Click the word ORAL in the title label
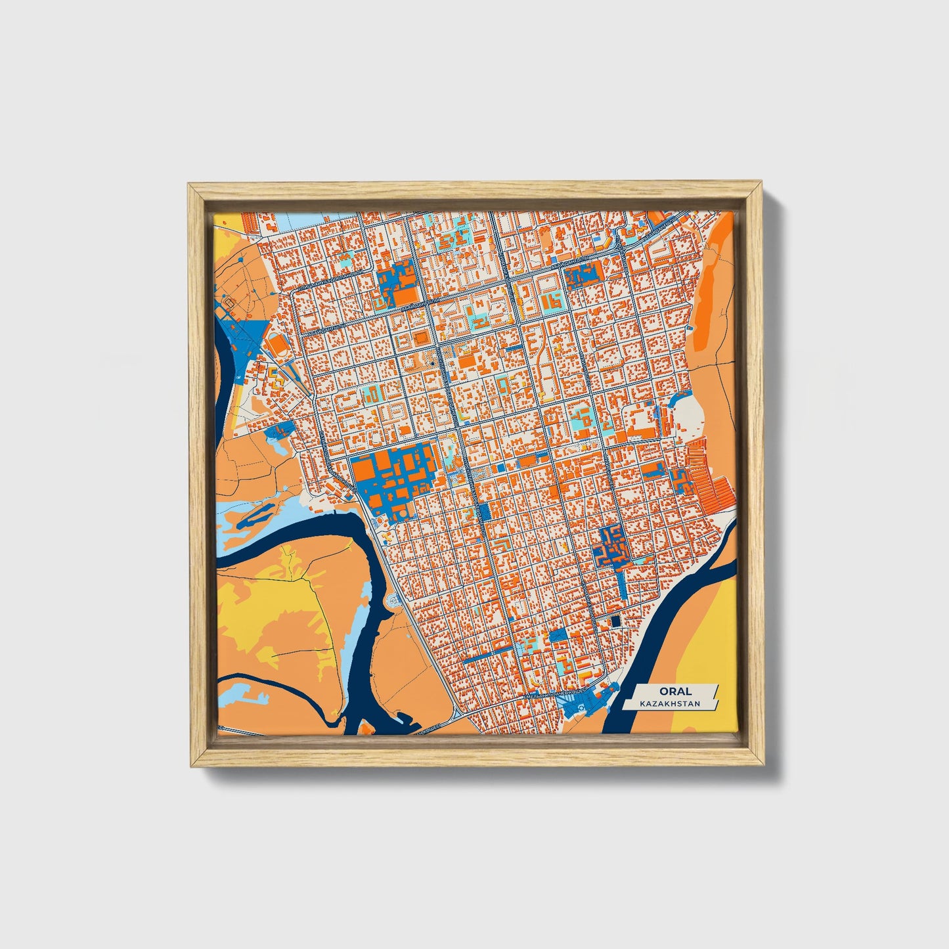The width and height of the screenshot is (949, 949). pyautogui.click(x=667, y=691)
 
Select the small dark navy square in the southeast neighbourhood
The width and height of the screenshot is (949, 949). pyautogui.click(x=615, y=621)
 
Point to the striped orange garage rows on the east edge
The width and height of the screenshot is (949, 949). pyautogui.click(x=706, y=473)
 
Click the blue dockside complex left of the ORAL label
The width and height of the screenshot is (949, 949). pyautogui.click(x=585, y=703)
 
